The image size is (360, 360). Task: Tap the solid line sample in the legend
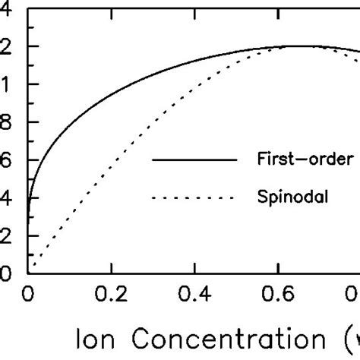194,160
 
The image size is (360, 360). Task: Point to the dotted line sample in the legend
194,199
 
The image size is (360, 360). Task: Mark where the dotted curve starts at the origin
30,272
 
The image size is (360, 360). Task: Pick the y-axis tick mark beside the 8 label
33,122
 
